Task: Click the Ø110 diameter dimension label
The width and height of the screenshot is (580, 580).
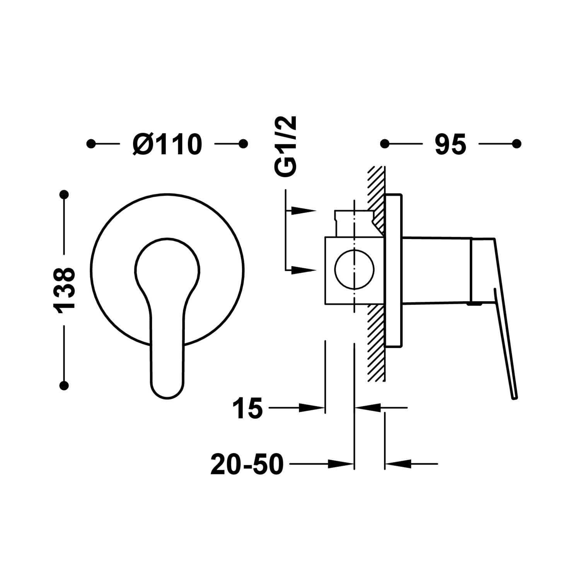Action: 167,144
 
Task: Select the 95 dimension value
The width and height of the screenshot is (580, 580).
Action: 450,145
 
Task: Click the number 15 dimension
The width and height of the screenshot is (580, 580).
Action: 247,408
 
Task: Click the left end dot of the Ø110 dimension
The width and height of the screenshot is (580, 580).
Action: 91,144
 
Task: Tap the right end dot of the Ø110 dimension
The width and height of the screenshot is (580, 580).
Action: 243,144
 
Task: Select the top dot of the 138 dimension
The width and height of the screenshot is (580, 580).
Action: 64,194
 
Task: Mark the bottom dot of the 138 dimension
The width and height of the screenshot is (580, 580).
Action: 64,385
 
